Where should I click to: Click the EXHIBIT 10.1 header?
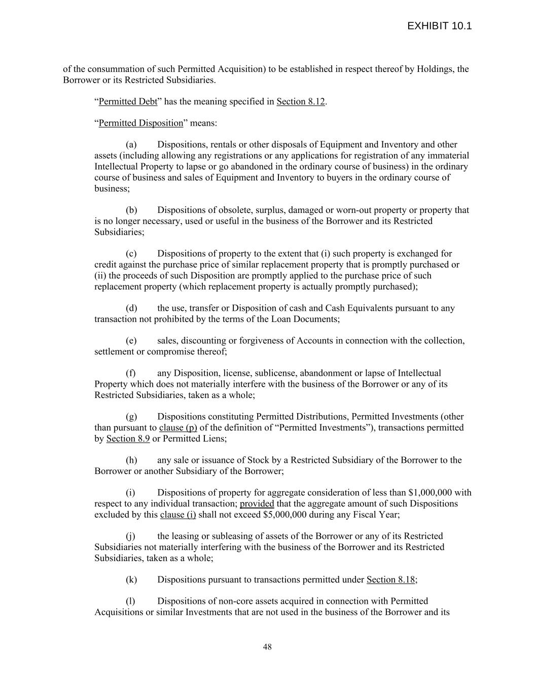click(439, 26)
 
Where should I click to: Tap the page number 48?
click(267, 646)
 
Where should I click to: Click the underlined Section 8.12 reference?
click(300, 101)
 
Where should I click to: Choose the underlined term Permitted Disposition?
click(140, 123)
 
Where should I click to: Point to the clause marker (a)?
click(131, 144)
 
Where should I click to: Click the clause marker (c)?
click(131, 253)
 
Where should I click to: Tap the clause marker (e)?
click(131, 341)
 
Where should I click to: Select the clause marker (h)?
click(131, 460)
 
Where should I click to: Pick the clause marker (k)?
click(131, 579)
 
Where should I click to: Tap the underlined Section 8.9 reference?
click(128, 439)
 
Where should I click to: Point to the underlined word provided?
click(257, 504)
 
